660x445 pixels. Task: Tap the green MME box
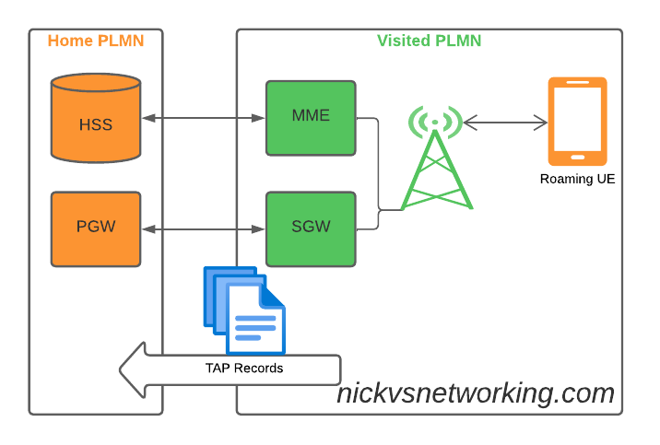311,118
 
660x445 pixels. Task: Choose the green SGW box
311,228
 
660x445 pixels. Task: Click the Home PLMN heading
96,41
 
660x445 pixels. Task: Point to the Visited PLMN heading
429,41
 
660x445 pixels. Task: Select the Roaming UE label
577,179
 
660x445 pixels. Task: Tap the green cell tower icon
436,166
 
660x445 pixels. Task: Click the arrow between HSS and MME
203,118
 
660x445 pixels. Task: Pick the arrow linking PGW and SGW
203,228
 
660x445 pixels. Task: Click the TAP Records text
244,369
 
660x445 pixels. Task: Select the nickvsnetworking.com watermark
475,393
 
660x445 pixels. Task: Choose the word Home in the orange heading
70,41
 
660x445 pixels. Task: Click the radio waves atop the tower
436,121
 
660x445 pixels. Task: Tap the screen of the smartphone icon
577,116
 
